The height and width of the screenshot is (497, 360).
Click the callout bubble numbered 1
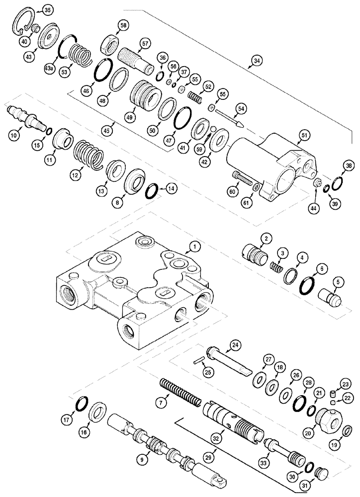pyautogui.click(x=196, y=246)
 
